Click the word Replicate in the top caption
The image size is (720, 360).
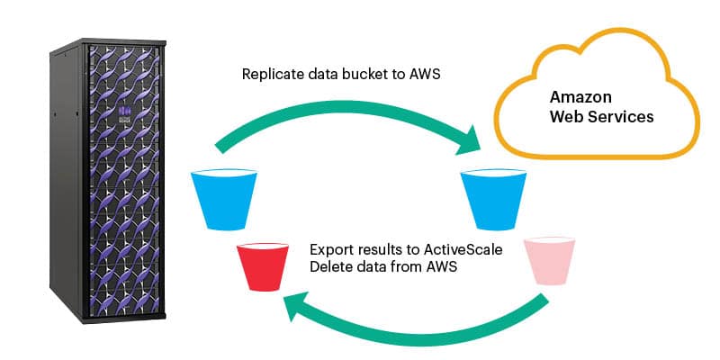tap(274, 74)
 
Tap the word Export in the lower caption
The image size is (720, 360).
tap(329, 247)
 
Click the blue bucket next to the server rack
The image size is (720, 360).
tap(225, 194)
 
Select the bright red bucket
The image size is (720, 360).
tap(261, 265)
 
